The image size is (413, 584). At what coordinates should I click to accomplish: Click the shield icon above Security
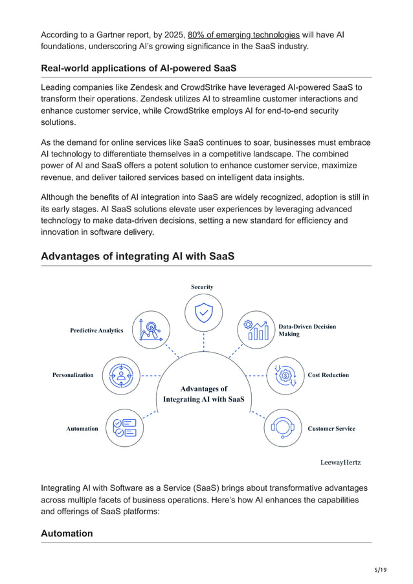(x=203, y=313)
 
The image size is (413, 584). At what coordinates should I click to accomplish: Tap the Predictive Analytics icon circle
(x=151, y=329)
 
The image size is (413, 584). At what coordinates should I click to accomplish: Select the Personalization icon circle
(x=121, y=375)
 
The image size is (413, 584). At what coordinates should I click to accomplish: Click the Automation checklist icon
(x=124, y=427)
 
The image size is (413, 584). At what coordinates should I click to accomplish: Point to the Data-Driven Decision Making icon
(x=256, y=330)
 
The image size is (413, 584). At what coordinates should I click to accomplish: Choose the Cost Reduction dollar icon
(x=285, y=376)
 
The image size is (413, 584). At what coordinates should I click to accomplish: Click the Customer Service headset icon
(x=283, y=427)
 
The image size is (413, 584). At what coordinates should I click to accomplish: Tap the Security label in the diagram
(x=202, y=287)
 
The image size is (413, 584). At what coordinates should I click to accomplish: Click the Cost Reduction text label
(x=328, y=375)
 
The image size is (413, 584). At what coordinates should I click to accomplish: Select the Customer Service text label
(x=331, y=428)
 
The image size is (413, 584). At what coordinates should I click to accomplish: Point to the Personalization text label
(x=73, y=375)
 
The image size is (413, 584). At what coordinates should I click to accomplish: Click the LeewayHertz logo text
(x=340, y=462)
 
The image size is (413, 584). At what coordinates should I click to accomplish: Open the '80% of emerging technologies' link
(x=243, y=34)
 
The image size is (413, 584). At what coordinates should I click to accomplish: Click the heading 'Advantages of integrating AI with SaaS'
(x=137, y=257)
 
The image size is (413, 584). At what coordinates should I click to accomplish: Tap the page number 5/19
(x=380, y=569)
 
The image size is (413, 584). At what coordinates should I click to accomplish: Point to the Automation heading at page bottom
(x=67, y=534)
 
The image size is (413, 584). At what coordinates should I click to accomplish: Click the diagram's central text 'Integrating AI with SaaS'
(x=203, y=400)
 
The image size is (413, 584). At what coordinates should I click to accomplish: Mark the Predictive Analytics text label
(x=96, y=330)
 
